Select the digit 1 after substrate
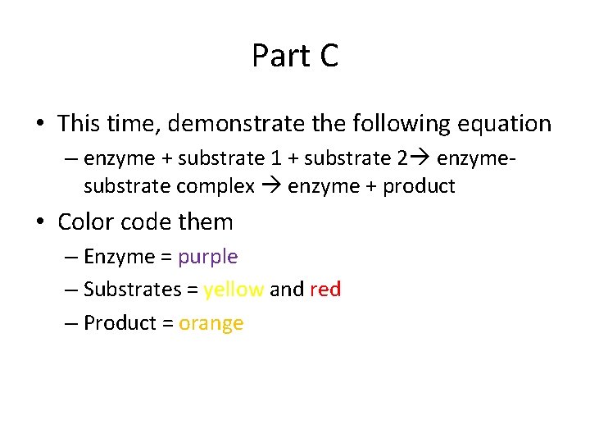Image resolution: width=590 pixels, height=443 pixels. [x=277, y=158]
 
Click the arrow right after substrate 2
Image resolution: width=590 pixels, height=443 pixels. [x=416, y=158]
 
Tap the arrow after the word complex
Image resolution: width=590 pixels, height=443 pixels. [x=270, y=186]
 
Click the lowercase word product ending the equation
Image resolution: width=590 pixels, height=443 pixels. [x=419, y=186]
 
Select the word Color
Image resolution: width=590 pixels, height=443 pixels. [x=85, y=221]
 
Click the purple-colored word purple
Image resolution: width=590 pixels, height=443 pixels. [x=208, y=257]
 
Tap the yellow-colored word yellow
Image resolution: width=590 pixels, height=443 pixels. [x=234, y=290]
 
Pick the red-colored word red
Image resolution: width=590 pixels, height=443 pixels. [x=325, y=290]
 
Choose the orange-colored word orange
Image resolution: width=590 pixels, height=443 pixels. [x=211, y=322]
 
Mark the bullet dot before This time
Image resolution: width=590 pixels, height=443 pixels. [x=39, y=125]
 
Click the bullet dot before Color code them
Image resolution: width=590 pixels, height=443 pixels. [x=39, y=222]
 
